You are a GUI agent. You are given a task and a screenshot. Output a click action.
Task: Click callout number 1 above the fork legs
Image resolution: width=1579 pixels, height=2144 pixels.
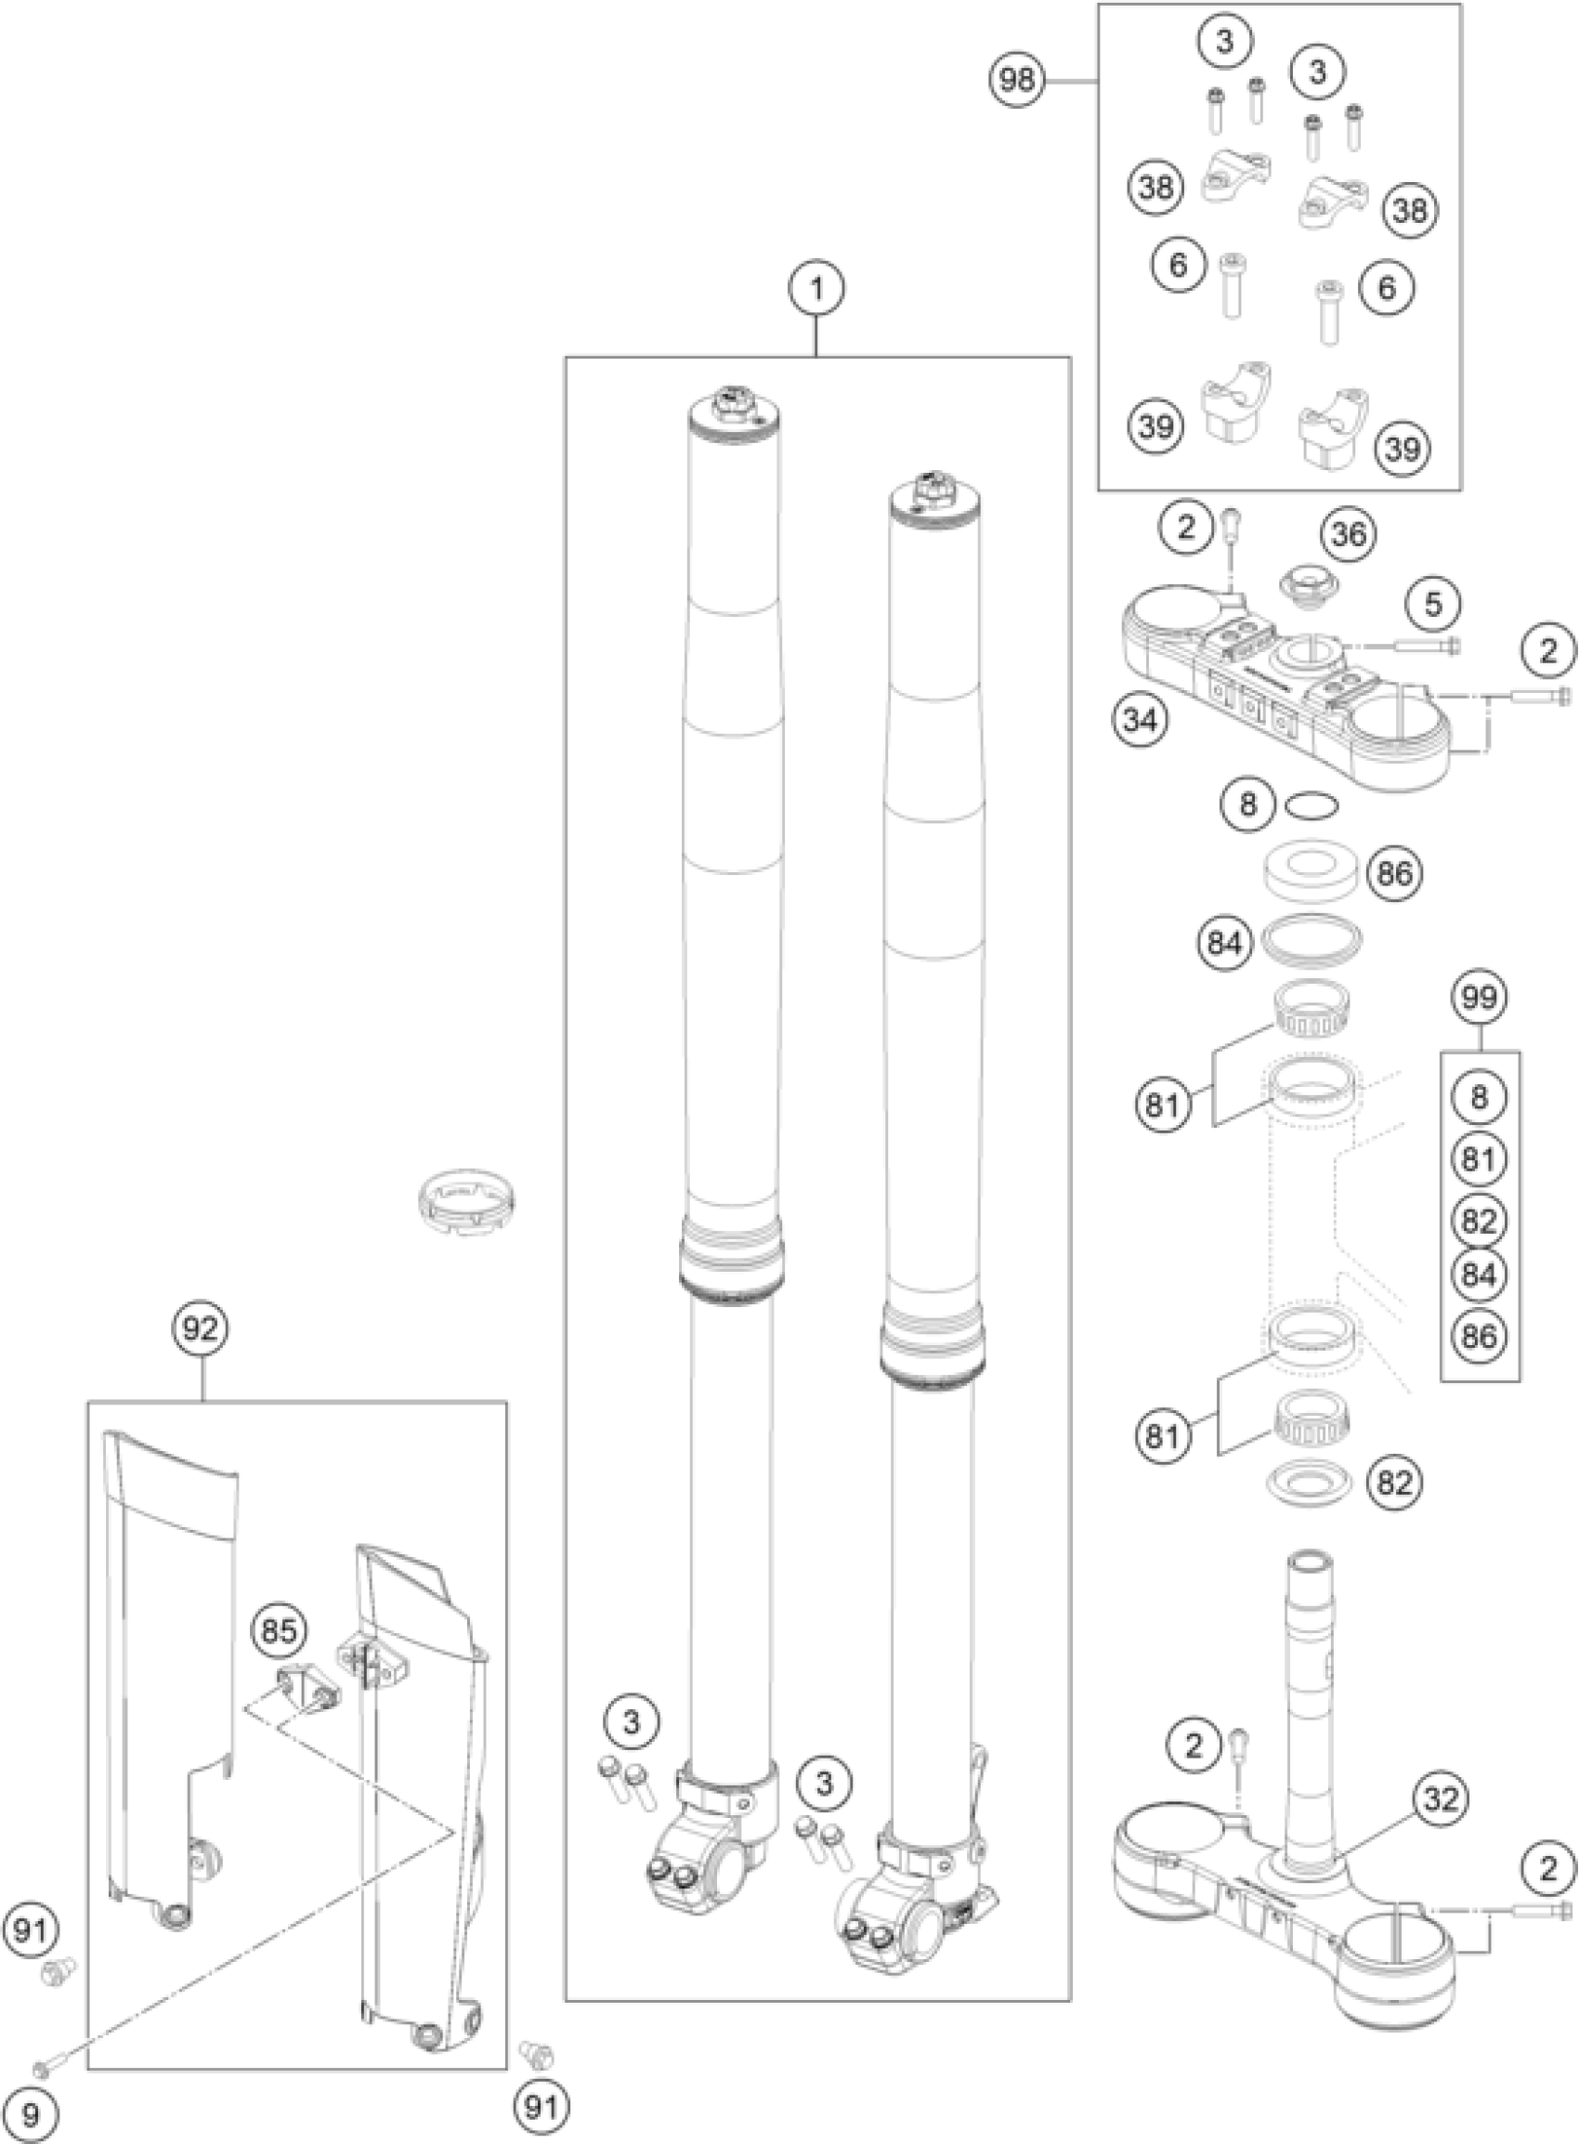816,288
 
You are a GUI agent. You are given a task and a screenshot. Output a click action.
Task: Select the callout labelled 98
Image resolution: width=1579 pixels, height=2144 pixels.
1016,81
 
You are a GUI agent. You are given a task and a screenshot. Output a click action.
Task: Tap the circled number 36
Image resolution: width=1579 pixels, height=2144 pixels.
1349,535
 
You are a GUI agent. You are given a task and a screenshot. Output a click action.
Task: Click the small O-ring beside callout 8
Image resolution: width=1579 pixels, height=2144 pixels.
1312,805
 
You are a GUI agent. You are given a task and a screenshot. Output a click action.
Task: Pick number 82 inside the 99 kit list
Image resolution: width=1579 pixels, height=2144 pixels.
1479,1221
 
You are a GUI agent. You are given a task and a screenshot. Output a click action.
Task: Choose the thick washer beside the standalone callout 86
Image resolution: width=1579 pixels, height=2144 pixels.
1311,869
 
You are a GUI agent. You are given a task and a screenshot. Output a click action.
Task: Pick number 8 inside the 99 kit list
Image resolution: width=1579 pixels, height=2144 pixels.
1479,1097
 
